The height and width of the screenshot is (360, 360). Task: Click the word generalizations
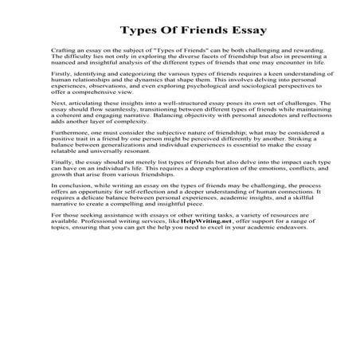(124, 180)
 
